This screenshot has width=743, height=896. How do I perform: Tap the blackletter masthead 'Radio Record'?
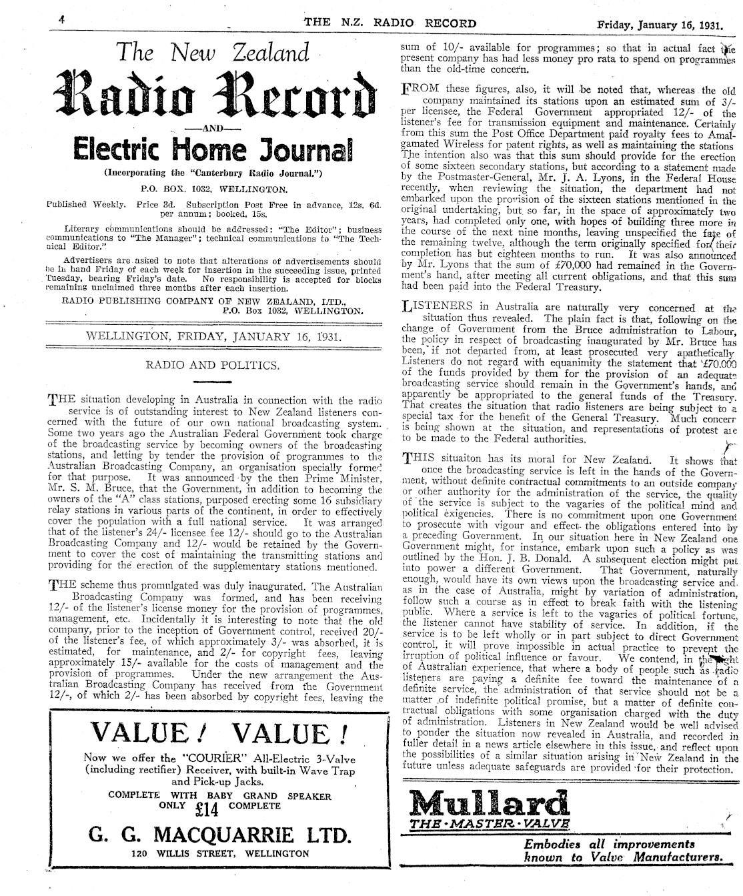click(x=214, y=97)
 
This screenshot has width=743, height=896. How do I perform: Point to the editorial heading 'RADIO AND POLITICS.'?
click(x=212, y=365)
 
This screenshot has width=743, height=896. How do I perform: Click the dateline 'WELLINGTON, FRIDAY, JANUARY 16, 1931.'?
click(x=214, y=336)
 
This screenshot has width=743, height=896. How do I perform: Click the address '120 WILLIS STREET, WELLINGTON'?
click(x=220, y=853)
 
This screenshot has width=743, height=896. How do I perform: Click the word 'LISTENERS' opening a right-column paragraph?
click(x=434, y=308)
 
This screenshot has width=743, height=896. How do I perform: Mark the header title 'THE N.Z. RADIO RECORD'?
click(x=390, y=23)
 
